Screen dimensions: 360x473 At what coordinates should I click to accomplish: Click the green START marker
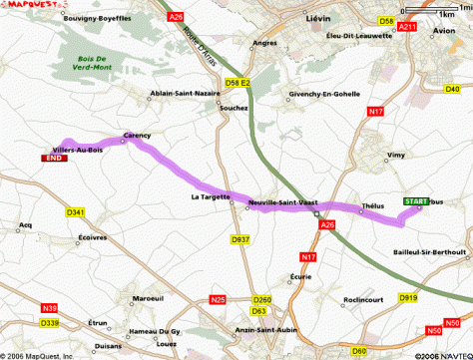416,201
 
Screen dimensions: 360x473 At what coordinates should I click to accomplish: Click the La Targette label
210,197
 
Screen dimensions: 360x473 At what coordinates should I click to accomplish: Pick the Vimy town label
397,157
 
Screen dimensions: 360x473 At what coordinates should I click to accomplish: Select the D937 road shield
239,239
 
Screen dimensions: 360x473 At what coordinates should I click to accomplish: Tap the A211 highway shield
406,27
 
